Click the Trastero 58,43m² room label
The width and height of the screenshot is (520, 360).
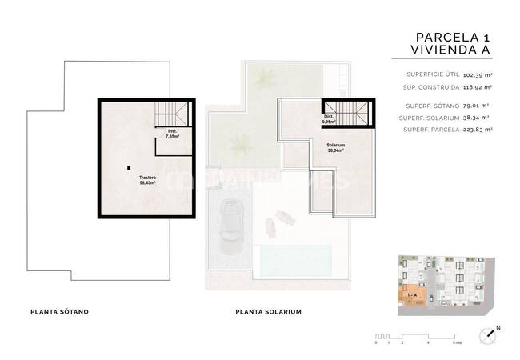pyautogui.click(x=146, y=180)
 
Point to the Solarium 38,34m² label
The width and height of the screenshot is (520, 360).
pyautogui.click(x=335, y=148)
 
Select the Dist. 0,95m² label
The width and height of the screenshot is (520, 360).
pyautogui.click(x=329, y=122)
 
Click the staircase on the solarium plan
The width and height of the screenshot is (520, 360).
pyautogui.click(x=349, y=110)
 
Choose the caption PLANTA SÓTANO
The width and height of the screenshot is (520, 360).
pyautogui.click(x=58, y=311)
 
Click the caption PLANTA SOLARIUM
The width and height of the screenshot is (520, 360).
pyautogui.click(x=268, y=311)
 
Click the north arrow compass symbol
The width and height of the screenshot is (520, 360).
pyautogui.click(x=486, y=335)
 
